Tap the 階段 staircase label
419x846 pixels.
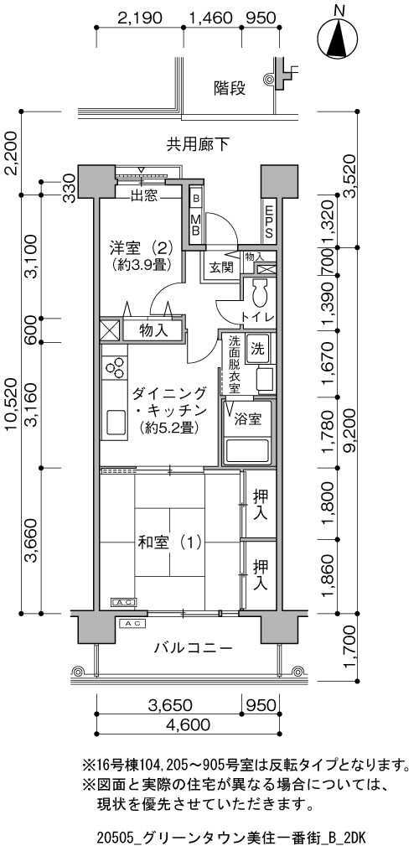click(229, 87)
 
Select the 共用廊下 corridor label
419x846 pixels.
click(198, 143)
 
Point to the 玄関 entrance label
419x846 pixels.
click(221, 267)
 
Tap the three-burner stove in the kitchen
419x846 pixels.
click(114, 370)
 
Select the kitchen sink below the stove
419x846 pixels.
click(115, 422)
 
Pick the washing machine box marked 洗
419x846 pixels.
click(257, 348)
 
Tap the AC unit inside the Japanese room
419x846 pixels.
click(124, 601)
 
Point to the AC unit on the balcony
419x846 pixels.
click(132, 623)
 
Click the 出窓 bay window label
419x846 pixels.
click(144, 196)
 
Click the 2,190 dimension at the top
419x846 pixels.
click(140, 18)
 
